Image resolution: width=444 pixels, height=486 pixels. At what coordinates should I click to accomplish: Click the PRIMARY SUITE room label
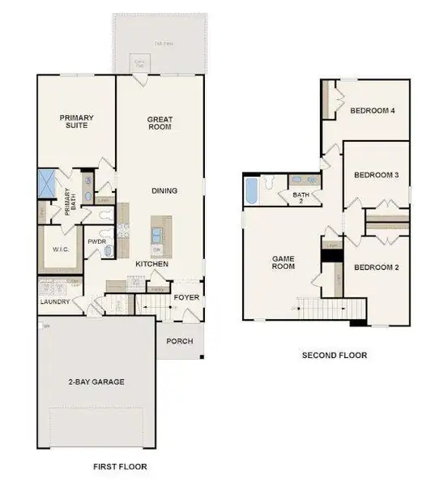[x=77, y=122]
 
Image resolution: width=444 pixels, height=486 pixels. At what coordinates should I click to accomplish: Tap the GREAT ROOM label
[x=160, y=123]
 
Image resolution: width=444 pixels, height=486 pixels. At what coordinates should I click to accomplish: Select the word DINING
[x=164, y=191]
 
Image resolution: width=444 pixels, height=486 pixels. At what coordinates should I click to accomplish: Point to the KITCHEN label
[x=152, y=265]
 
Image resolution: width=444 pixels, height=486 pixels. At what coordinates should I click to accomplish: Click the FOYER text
[x=186, y=297]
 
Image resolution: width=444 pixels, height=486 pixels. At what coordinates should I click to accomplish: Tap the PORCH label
[x=180, y=341]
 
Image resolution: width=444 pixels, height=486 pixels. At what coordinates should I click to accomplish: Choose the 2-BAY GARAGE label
[x=96, y=381]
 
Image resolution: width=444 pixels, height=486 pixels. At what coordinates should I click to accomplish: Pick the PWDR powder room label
[x=99, y=241]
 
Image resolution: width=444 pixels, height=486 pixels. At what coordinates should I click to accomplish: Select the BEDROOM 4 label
[x=373, y=112]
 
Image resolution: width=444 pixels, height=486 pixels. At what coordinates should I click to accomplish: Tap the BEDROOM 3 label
[x=376, y=175]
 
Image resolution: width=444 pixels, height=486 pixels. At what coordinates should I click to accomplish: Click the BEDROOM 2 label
[x=376, y=267]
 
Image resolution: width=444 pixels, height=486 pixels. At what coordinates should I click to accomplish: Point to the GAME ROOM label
[x=283, y=262]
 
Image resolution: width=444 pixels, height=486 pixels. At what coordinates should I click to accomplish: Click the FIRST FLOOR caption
[x=120, y=467]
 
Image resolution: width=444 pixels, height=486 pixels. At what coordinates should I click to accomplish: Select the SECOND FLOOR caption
[x=335, y=355]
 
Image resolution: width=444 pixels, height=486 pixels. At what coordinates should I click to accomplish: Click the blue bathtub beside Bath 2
[x=251, y=192]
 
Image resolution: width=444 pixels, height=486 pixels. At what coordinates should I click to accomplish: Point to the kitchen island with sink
[x=156, y=234]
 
